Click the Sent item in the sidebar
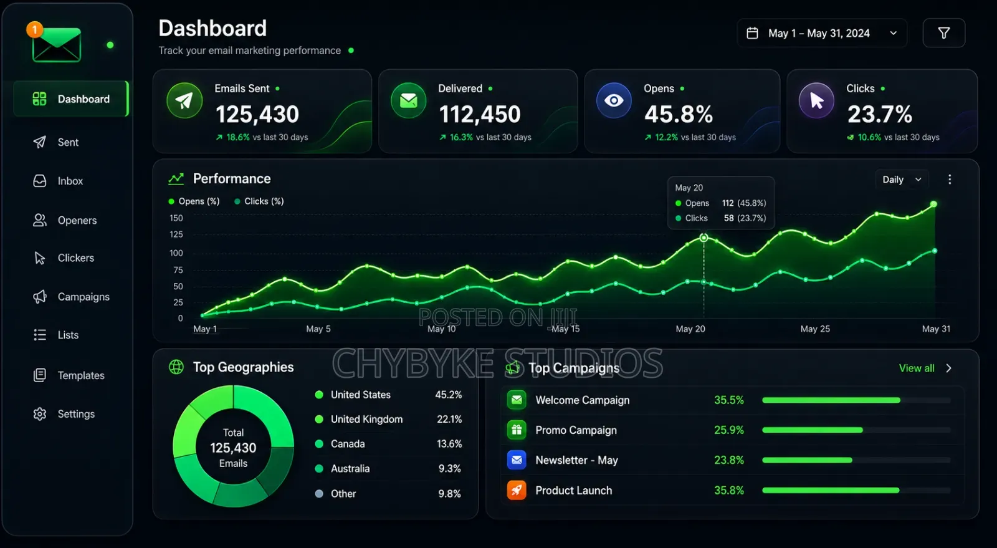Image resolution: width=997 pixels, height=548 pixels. [55, 142]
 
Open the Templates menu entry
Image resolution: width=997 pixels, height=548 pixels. [69, 375]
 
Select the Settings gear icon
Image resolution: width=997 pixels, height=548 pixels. [40, 414]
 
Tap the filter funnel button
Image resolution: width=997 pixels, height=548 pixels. [943, 33]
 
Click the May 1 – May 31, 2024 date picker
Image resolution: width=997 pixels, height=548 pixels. [822, 33]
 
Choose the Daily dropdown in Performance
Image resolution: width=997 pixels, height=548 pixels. [902, 180]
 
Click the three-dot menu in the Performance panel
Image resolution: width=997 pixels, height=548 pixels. [950, 180]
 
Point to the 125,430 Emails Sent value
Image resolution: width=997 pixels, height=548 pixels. [257, 114]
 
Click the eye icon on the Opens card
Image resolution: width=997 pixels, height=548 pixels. [614, 100]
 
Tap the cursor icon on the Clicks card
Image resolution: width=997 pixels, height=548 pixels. [816, 100]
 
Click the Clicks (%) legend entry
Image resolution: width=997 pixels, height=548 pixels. [259, 201]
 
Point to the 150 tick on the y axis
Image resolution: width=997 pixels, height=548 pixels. [176, 218]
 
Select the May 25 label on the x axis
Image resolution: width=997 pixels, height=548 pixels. [815, 329]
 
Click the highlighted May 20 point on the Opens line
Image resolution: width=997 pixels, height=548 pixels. [704, 238]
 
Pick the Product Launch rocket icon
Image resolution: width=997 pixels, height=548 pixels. [517, 490]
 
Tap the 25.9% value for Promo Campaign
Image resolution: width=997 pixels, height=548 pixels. [728, 430]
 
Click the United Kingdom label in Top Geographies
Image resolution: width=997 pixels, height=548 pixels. [366, 420]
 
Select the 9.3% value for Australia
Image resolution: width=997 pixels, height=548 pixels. [449, 468]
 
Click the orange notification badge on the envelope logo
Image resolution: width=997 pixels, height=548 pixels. [34, 30]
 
